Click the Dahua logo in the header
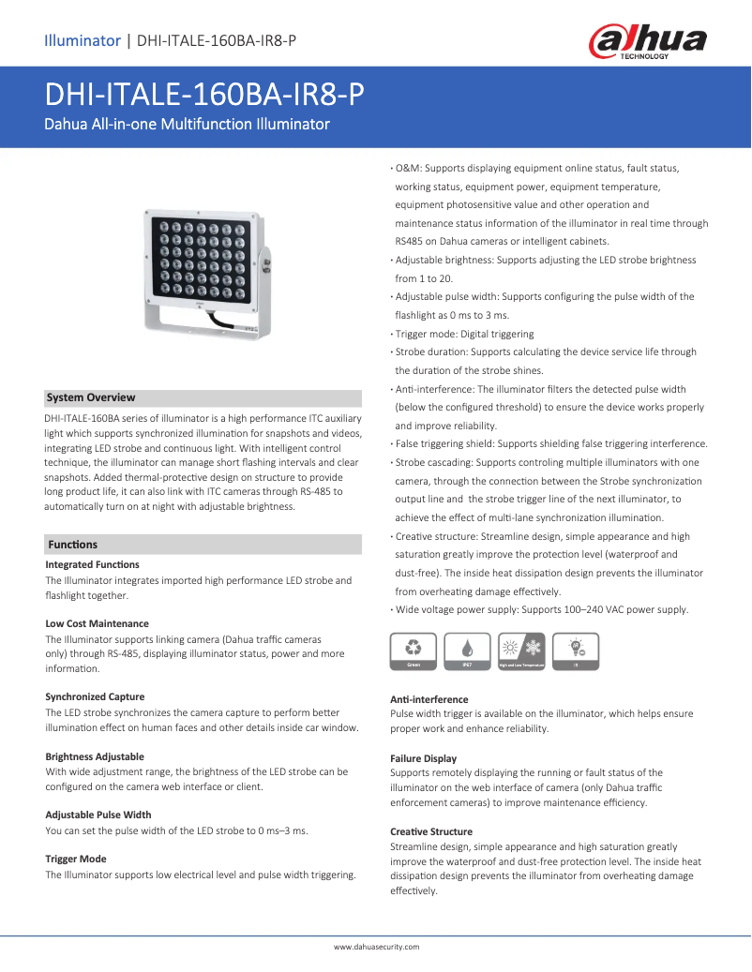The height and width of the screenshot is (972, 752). tap(647, 42)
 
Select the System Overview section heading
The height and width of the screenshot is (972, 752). tap(91, 397)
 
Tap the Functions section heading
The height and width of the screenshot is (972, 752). tap(72, 545)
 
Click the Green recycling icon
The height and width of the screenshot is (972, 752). tap(414, 650)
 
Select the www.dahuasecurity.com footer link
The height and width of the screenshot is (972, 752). tap(376, 947)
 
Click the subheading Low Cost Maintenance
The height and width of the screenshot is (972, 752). tap(97, 623)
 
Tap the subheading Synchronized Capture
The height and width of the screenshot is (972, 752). tap(95, 696)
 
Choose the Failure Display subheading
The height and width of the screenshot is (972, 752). tap(423, 758)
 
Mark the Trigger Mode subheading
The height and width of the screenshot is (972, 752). tap(76, 859)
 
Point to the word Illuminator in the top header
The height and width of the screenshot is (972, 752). tap(83, 40)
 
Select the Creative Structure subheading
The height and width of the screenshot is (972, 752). tap(430, 831)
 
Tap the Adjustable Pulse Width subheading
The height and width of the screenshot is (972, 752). tap(98, 815)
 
